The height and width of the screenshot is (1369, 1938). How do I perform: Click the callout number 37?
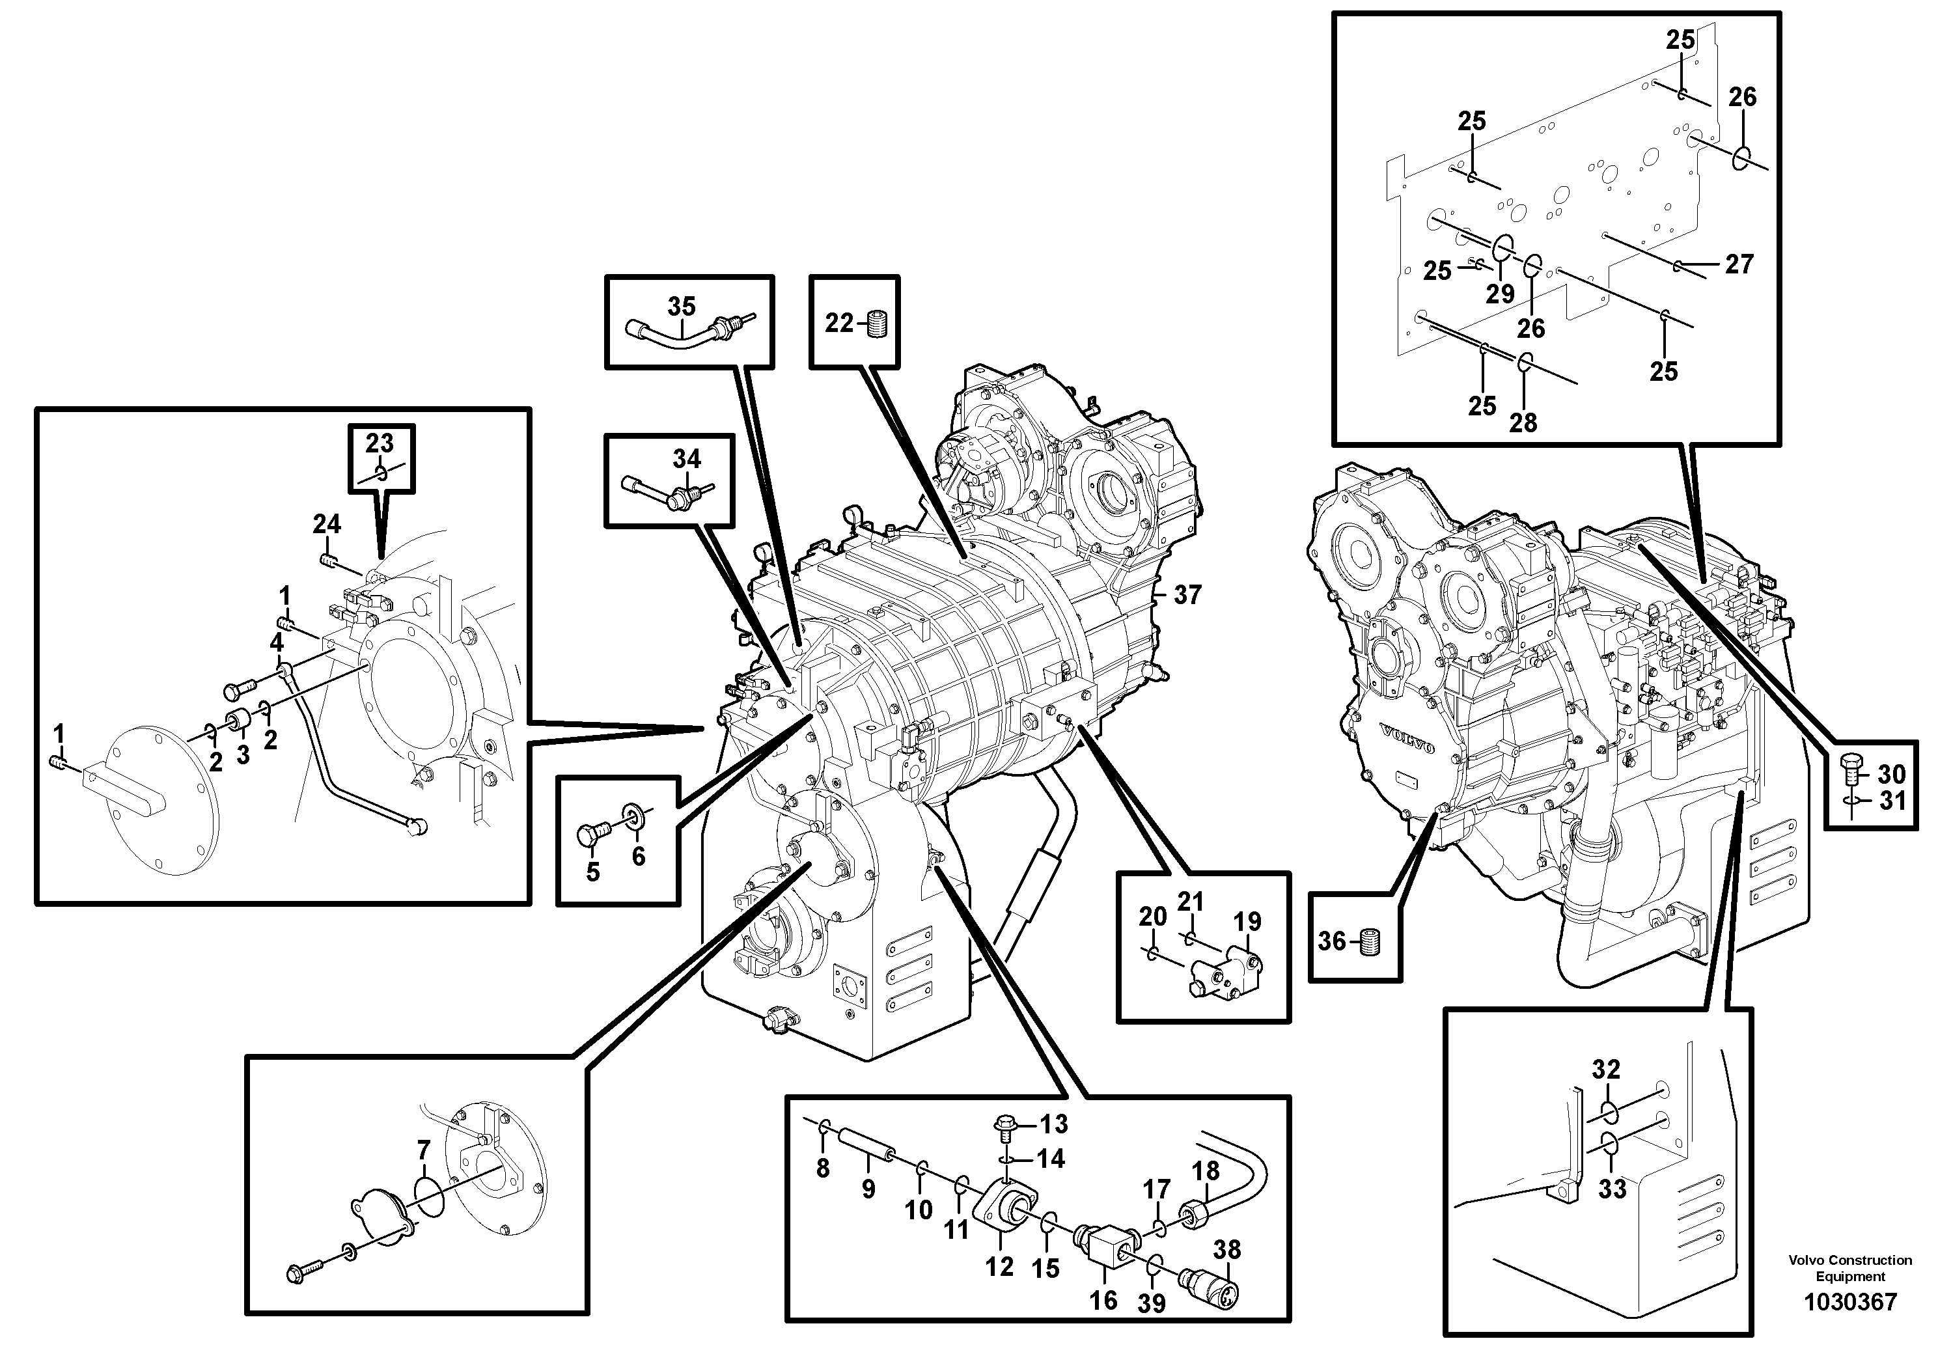[x=1187, y=595]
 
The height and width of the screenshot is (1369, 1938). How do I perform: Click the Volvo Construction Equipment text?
[x=1849, y=1267]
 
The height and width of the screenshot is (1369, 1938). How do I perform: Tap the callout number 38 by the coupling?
[x=1226, y=1249]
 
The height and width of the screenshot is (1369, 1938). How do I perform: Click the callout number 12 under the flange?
[x=999, y=1267]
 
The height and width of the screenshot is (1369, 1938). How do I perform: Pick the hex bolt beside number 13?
[x=1007, y=1124]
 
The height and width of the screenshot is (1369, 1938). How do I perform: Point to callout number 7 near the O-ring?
[x=424, y=1150]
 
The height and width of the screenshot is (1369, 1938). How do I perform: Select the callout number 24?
[x=327, y=524]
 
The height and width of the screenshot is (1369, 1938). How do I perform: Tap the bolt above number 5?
[x=589, y=836]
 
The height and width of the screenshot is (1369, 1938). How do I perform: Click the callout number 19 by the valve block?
[x=1247, y=921]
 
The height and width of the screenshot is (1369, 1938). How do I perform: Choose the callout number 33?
[x=1613, y=1189]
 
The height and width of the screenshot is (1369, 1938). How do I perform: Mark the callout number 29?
[x=1500, y=294]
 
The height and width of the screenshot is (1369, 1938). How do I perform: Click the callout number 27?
[x=1739, y=264]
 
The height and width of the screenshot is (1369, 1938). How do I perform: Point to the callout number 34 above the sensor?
[x=686, y=459]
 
